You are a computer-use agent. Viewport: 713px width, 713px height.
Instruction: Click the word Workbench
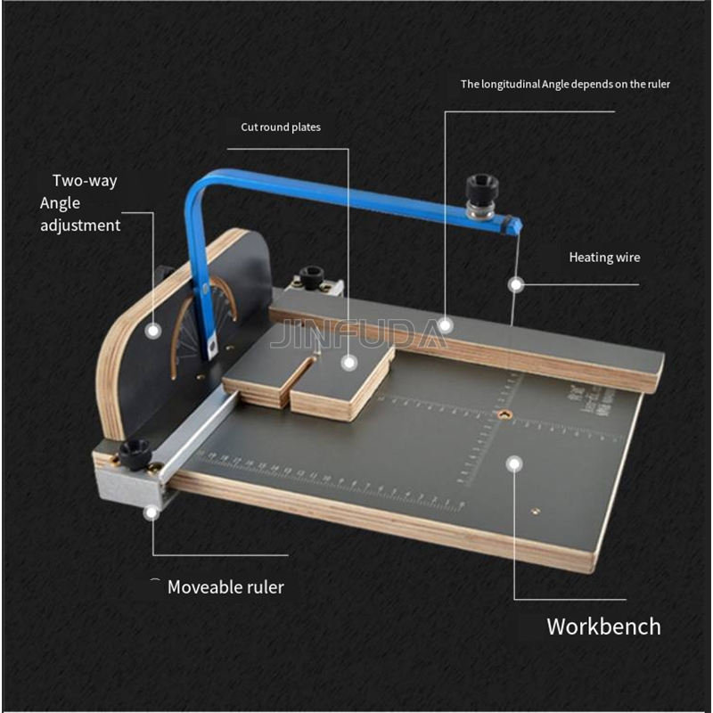(603, 626)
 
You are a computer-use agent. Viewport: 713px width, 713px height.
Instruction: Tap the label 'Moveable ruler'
(225, 587)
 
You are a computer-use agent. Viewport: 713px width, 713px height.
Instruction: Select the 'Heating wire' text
(604, 258)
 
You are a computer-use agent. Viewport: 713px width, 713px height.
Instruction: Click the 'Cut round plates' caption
(281, 127)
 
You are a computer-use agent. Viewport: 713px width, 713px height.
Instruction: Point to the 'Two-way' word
(85, 181)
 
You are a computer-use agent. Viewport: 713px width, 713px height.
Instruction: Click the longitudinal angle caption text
(565, 85)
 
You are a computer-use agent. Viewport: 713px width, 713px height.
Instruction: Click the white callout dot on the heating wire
(515, 284)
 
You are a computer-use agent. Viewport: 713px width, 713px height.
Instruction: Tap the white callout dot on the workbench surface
(513, 463)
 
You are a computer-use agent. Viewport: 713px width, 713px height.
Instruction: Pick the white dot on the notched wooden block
(348, 362)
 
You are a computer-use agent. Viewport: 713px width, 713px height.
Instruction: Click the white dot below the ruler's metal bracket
(151, 511)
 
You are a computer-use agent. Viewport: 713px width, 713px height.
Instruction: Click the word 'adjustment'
(80, 225)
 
